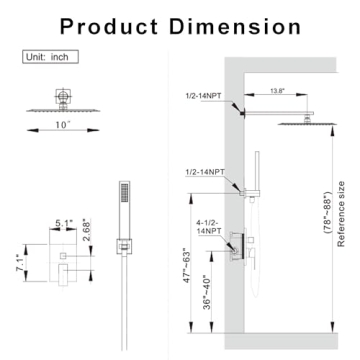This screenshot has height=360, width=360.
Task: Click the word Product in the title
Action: pos(109,27)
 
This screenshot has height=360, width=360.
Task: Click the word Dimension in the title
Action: pos(235,27)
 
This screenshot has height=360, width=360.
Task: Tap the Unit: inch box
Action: pos(50,57)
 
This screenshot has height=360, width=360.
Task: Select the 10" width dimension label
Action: pos(63,125)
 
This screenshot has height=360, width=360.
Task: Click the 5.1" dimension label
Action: pos(63,223)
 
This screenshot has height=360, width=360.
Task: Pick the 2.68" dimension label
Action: pos(86,230)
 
